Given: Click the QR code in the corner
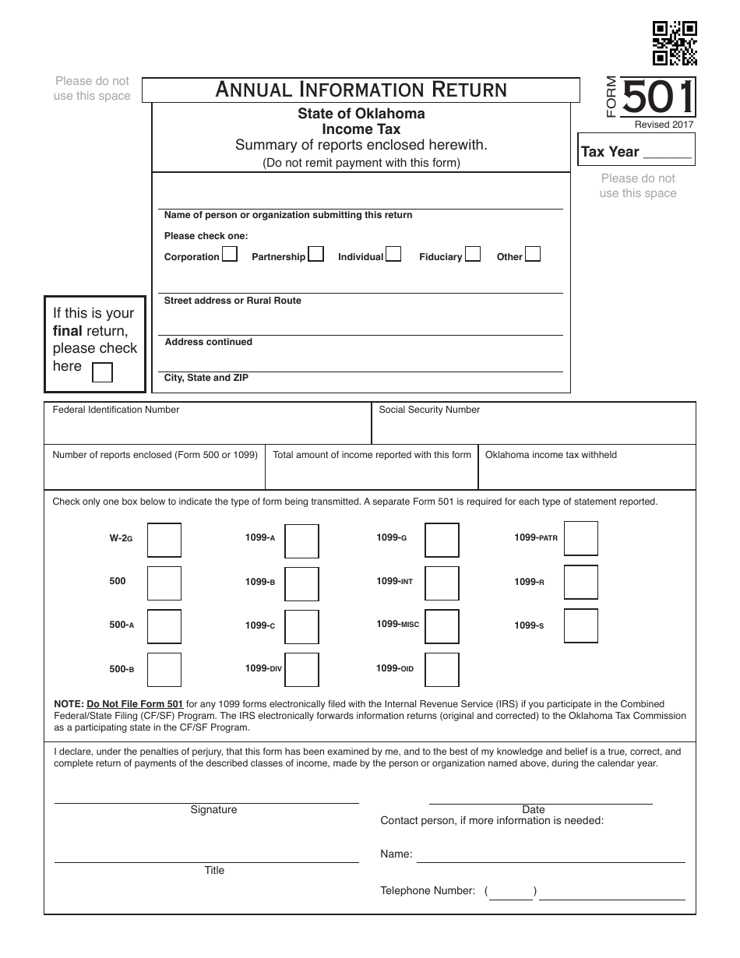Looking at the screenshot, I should (x=675, y=43).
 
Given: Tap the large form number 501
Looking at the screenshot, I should (x=658, y=99).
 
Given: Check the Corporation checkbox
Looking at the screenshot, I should (x=230, y=254).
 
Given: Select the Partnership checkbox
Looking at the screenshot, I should (x=315, y=254).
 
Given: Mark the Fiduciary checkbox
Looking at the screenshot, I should (x=473, y=254).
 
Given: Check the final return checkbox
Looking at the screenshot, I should (x=102, y=372).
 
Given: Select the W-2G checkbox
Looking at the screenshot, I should (x=164, y=540).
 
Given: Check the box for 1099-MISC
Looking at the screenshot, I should (x=442, y=625).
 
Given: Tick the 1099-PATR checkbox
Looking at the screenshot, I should (x=581, y=539).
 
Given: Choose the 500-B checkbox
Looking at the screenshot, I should (x=164, y=669).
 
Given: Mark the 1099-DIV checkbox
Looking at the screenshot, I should (x=301, y=669).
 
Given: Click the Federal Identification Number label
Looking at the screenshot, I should (x=116, y=410).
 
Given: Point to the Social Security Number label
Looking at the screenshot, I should (x=429, y=410).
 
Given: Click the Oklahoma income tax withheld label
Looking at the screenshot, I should (x=551, y=455).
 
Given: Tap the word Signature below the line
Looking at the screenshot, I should (x=213, y=810).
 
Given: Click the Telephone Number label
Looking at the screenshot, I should (x=427, y=890).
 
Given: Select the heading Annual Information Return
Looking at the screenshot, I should (x=361, y=90).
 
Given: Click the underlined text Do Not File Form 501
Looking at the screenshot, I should (x=135, y=704).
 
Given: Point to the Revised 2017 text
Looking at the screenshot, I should (x=664, y=125).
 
